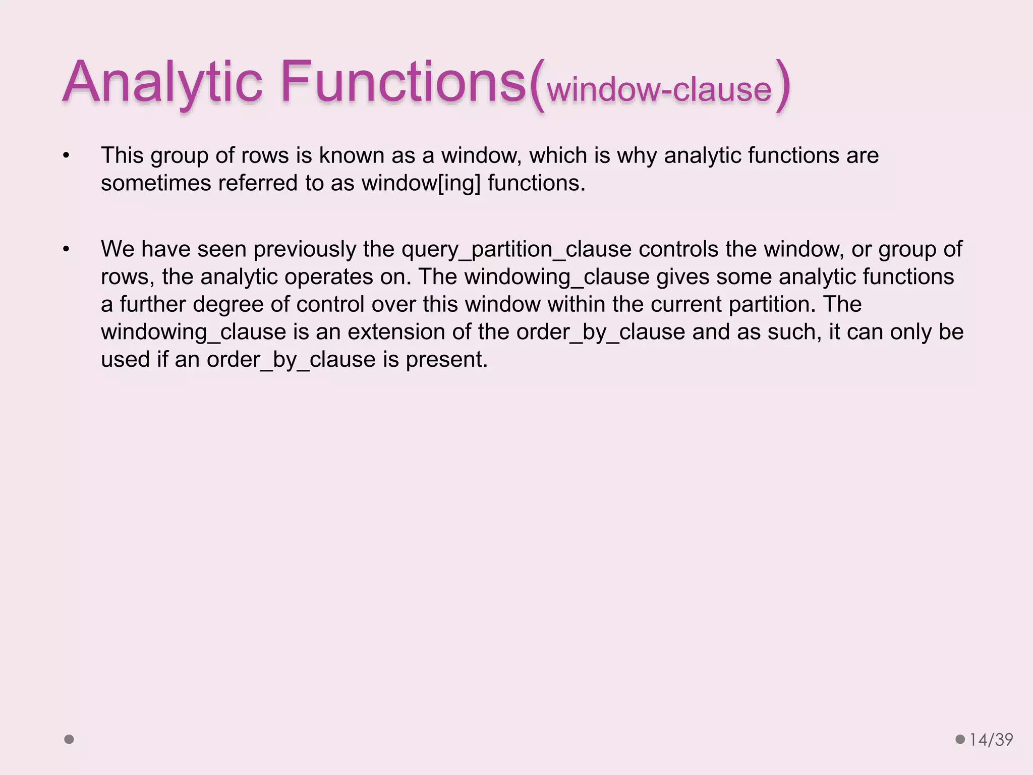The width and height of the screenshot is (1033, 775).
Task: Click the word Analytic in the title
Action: [x=162, y=82]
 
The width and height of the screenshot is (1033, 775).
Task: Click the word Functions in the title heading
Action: [x=404, y=82]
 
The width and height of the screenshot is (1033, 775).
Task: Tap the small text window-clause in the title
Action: [x=659, y=90]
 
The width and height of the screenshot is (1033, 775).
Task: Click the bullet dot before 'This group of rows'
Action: [x=66, y=156]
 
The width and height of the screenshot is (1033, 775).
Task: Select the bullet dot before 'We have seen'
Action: [x=66, y=249]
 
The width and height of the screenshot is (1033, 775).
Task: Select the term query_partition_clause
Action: [x=516, y=249]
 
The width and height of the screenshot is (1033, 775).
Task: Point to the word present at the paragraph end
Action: [x=446, y=360]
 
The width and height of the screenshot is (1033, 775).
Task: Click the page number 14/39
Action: [x=991, y=740]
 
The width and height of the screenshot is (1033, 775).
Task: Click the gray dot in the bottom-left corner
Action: [x=69, y=739]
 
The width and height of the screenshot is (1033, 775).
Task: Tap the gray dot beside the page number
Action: [x=960, y=739]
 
